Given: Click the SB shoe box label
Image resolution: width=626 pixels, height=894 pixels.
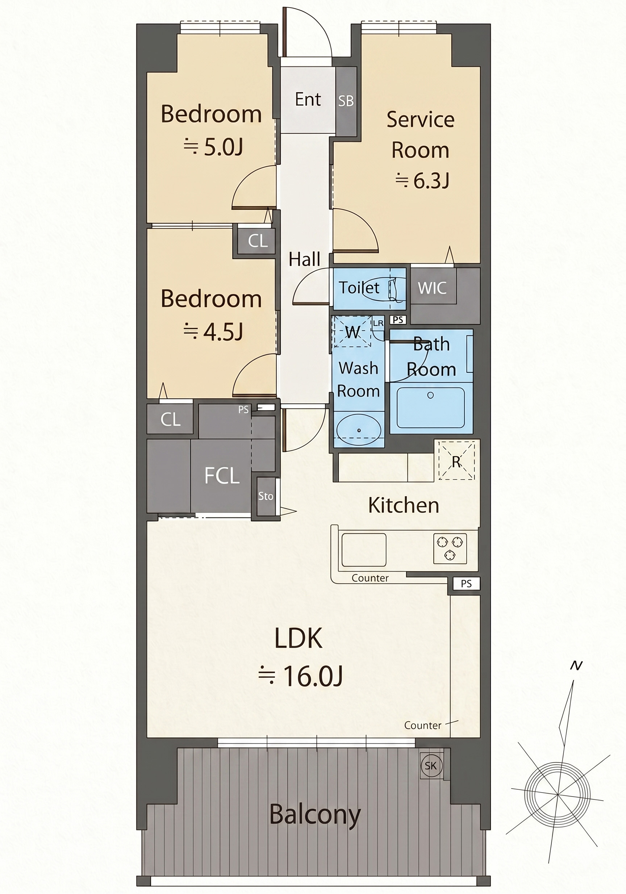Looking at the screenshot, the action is (346, 101).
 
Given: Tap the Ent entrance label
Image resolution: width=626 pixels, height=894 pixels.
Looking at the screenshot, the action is (308, 99).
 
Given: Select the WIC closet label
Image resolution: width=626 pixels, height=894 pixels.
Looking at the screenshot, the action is (432, 288).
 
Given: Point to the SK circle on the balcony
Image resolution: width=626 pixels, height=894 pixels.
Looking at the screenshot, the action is (431, 766).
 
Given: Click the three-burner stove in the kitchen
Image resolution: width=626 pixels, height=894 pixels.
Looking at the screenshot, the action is (450, 548).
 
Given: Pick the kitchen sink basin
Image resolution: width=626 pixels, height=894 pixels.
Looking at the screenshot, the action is (364, 550).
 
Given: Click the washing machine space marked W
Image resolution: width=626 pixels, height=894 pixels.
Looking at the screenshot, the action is (352, 332).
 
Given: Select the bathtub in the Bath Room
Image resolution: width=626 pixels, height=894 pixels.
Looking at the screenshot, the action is (431, 407).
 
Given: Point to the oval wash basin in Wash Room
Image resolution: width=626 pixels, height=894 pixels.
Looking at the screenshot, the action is (359, 430).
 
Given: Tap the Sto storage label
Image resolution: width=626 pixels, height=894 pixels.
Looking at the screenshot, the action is (266, 496).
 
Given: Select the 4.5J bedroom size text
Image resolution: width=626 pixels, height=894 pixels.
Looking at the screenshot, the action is (213, 332).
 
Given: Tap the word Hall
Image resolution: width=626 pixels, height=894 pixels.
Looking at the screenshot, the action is (304, 259).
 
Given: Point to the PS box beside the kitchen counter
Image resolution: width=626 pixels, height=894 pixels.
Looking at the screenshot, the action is (466, 584).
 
